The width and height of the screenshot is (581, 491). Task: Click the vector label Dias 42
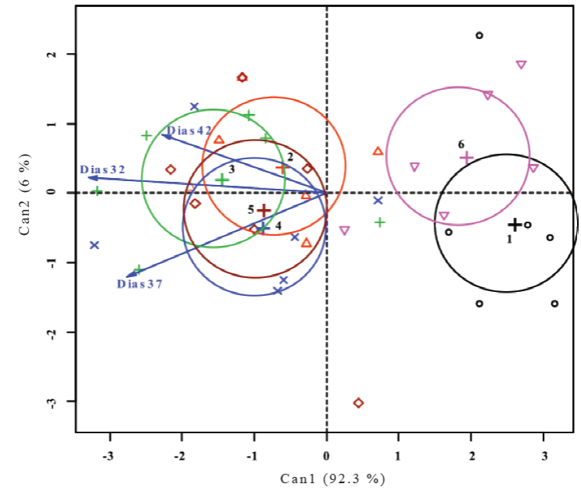click(x=189, y=130)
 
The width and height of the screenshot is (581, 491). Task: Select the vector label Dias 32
click(x=102, y=169)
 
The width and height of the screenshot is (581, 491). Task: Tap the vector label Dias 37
click(x=140, y=284)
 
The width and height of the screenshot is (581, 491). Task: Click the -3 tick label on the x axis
click(x=110, y=455)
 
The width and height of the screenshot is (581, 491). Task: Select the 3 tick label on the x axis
click(x=543, y=455)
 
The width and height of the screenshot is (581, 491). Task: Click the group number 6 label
click(x=461, y=144)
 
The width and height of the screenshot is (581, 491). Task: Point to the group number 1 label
click(x=509, y=240)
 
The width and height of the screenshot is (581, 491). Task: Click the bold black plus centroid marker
click(x=515, y=225)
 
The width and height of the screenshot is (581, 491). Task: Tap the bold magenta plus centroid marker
click(x=467, y=157)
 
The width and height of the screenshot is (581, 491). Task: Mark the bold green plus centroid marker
click(x=222, y=179)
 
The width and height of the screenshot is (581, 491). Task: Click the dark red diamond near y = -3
click(x=358, y=403)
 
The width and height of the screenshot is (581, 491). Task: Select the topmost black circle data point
click(x=479, y=35)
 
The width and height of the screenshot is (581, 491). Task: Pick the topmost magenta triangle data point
click(x=522, y=65)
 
